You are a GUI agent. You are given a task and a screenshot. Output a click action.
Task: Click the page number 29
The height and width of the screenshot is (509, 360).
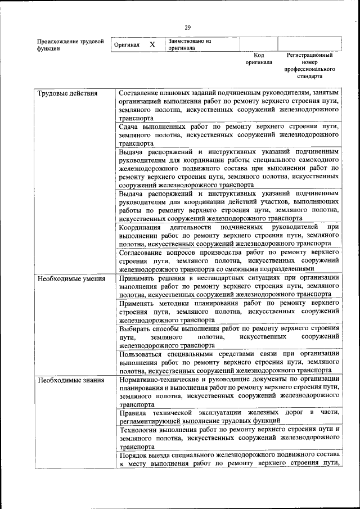pyautogui.click(x=187, y=28)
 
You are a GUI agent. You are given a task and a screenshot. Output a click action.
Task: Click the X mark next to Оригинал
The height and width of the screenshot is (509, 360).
pyautogui.click(x=152, y=44)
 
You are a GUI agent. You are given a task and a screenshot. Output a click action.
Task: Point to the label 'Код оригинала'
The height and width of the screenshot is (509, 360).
pyautogui.click(x=259, y=59)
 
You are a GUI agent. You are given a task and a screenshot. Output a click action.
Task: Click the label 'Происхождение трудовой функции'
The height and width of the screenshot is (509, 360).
pyautogui.click(x=70, y=44)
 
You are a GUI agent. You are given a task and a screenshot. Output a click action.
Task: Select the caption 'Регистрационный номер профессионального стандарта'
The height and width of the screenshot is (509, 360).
pyautogui.click(x=309, y=65)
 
